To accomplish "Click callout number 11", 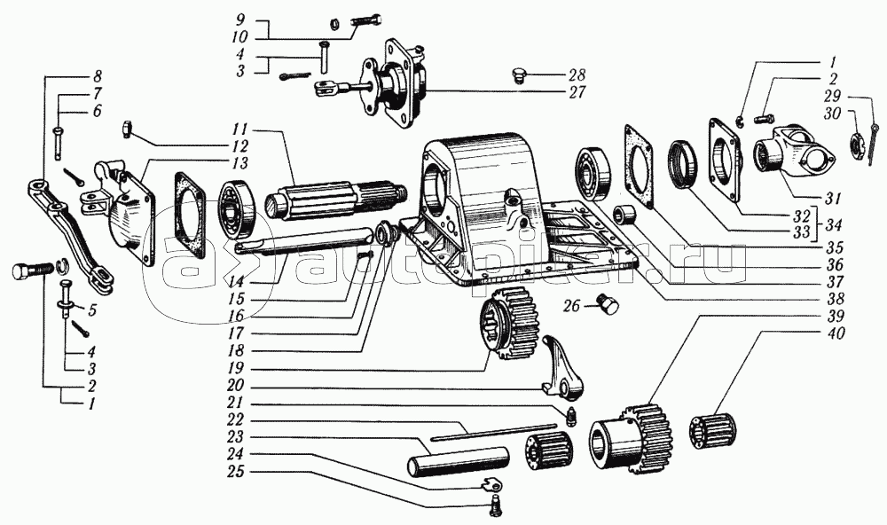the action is [x=241, y=129].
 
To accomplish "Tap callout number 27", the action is [x=577, y=91].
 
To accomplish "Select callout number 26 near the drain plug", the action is [x=571, y=305].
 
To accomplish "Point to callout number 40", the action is [x=833, y=333].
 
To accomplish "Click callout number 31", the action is [x=832, y=199].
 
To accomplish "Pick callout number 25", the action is [x=236, y=470].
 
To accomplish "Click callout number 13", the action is [x=239, y=163].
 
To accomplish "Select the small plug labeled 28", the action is [x=518, y=75].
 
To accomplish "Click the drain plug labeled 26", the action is [x=608, y=304].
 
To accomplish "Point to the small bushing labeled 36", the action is [x=626, y=215].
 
